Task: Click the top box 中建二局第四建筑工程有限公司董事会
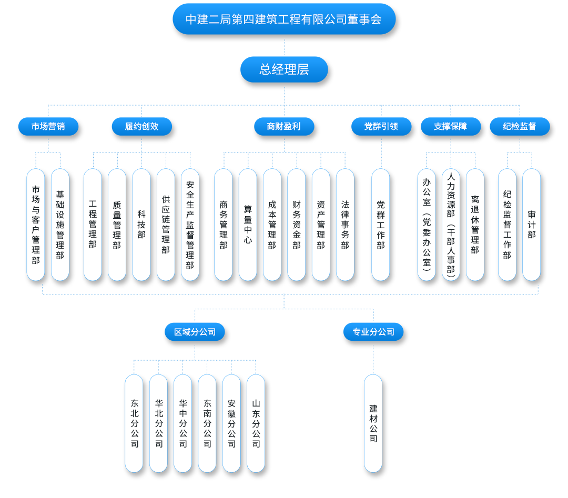[284, 19]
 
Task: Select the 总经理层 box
[284, 69]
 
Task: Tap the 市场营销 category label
[48, 127]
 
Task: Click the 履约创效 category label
[141, 127]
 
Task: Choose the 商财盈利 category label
[284, 127]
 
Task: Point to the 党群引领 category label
[381, 127]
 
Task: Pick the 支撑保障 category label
[451, 127]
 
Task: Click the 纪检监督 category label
[520, 127]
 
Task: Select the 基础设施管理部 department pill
[60, 225]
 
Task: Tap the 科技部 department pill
[141, 225]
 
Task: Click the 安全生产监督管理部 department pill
[190, 225]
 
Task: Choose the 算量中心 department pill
[248, 225]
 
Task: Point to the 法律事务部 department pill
[345, 225]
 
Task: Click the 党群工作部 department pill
[381, 225]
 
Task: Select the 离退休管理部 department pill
[475, 225]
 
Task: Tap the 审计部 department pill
[532, 225]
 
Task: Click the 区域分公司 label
[195, 332]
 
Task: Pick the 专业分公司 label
[373, 332]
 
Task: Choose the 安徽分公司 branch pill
[231, 423]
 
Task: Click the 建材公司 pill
[373, 423]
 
